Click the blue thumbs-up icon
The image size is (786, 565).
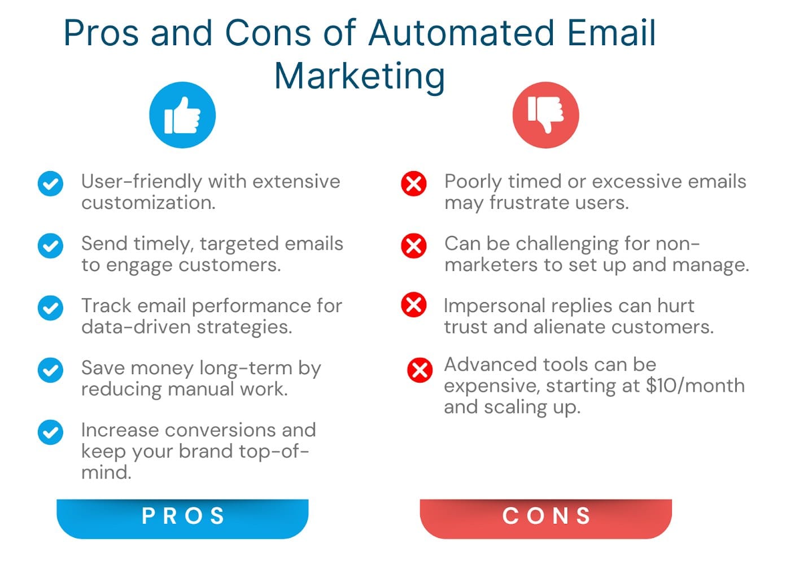[182, 115]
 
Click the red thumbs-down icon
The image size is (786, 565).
[545, 115]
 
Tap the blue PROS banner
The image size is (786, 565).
[182, 517]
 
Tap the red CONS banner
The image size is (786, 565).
[545, 517]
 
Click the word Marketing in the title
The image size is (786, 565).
[360, 76]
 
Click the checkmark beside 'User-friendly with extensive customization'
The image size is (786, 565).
[50, 183]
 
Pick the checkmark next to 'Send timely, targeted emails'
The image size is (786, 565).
[50, 246]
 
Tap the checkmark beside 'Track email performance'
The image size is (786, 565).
[50, 308]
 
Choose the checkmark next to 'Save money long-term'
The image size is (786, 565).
[50, 370]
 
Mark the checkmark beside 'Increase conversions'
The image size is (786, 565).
[50, 432]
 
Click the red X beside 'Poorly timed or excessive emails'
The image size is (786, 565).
[413, 183]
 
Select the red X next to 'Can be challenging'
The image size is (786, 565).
[413, 246]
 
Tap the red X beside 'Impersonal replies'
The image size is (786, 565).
[413, 305]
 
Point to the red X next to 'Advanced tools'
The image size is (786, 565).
[420, 370]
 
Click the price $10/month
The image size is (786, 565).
[695, 386]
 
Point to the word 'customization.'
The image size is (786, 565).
[149, 203]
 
